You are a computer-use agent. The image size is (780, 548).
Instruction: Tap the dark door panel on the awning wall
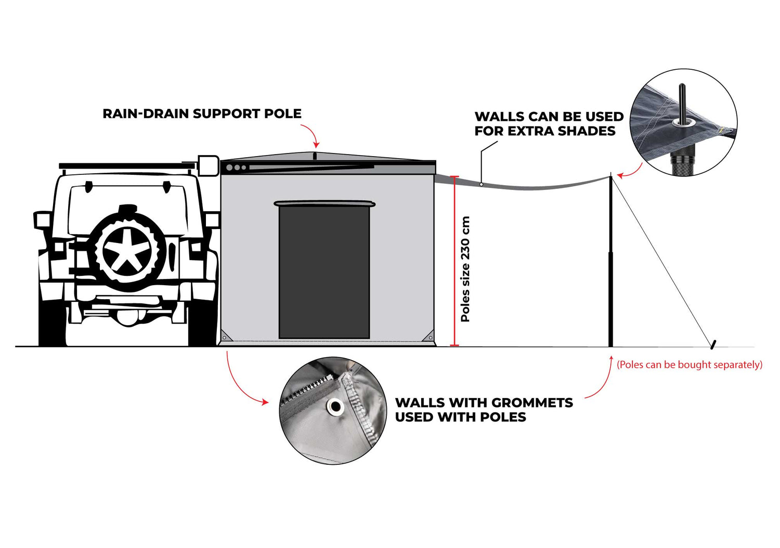coord(324,272)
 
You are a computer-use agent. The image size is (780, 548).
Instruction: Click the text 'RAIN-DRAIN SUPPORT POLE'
coord(202,113)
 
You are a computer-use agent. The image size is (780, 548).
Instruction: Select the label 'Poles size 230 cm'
coord(465,269)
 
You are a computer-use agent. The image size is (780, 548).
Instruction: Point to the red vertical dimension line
coord(454,261)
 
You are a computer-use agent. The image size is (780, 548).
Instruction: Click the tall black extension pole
coord(610,260)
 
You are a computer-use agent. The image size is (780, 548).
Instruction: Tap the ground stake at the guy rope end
coord(713,345)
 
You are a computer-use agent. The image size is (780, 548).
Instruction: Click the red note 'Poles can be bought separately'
coord(690,365)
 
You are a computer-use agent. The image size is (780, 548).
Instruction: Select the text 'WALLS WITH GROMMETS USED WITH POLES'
coord(484,410)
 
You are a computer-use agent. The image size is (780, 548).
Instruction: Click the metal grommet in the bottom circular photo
coord(335,406)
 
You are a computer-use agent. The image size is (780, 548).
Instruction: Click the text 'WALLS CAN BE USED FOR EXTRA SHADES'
coord(549,124)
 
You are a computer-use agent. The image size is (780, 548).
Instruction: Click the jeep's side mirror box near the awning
coord(208,166)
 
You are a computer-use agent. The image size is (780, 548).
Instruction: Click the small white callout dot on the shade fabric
coord(481,184)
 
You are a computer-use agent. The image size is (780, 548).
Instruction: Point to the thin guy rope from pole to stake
coord(661,260)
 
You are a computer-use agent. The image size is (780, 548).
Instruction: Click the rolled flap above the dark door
coord(324,203)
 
